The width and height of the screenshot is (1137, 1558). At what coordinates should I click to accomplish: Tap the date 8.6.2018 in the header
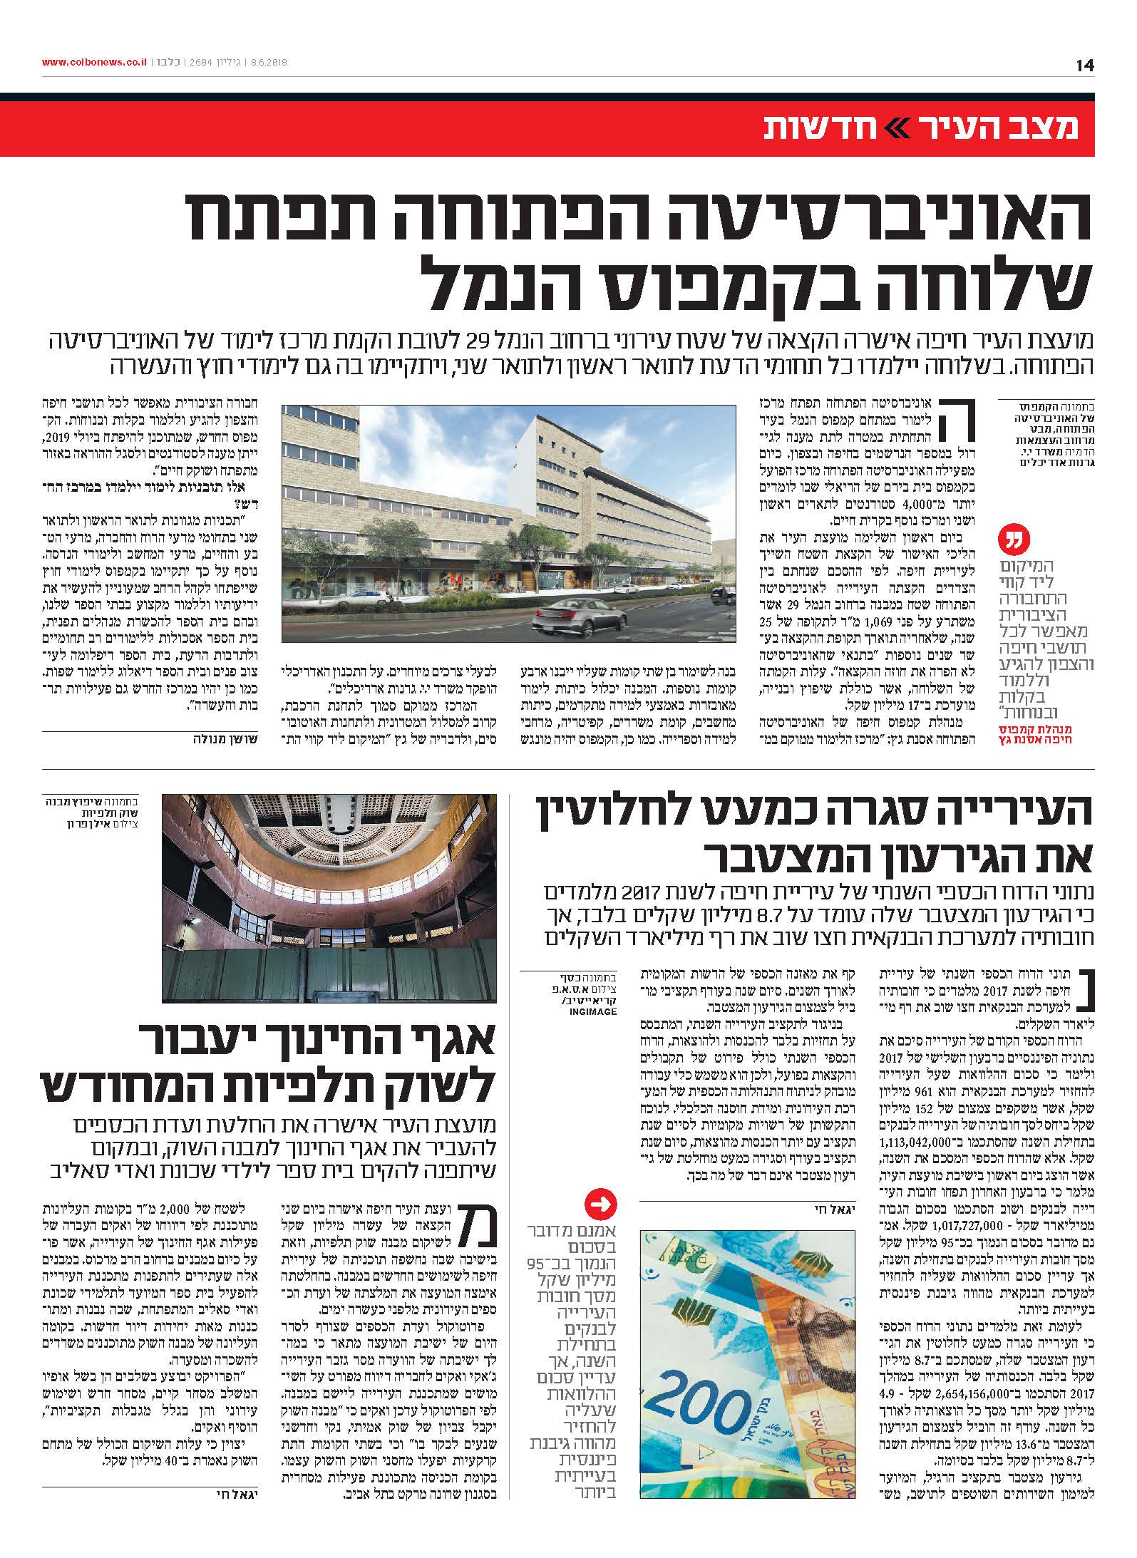(267, 62)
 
